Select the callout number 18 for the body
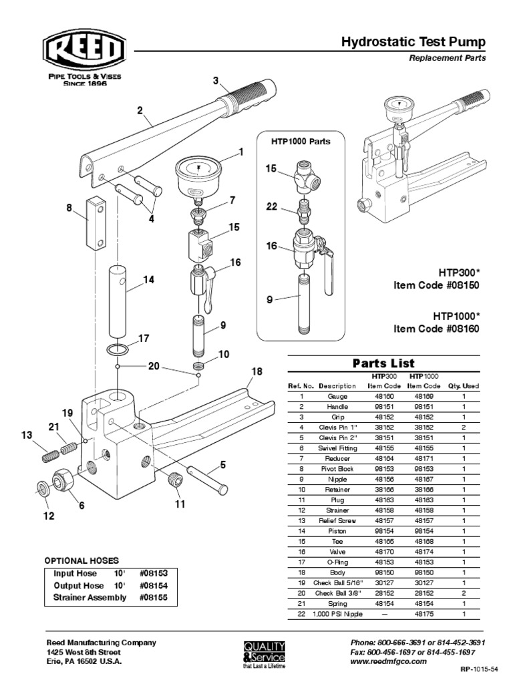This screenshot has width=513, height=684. coord(256,371)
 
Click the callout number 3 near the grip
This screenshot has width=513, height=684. coord(216,81)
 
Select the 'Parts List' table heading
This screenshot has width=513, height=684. coord(383,363)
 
